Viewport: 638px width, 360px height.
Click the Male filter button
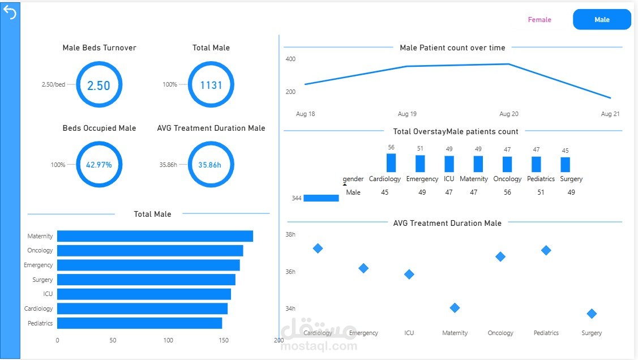pyautogui.click(x=602, y=19)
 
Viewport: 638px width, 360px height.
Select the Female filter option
pyautogui.click(x=539, y=19)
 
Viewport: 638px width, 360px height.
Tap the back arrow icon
pyautogui.click(x=10, y=12)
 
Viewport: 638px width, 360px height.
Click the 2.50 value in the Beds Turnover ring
pyautogui.click(x=99, y=85)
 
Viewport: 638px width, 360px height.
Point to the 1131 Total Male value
pyautogui.click(x=211, y=85)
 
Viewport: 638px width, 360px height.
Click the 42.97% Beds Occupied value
pyautogui.click(x=99, y=165)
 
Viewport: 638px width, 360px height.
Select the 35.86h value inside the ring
pyautogui.click(x=209, y=165)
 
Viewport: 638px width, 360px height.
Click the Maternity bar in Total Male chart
pyautogui.click(x=155, y=236)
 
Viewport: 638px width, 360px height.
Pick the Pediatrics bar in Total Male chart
pyautogui.click(x=140, y=323)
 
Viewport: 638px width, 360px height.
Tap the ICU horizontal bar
pyautogui.click(x=144, y=294)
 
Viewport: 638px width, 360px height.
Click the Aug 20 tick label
pyautogui.click(x=508, y=114)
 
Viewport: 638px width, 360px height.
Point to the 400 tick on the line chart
pyautogui.click(x=290, y=59)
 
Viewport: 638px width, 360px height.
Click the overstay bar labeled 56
pyautogui.click(x=391, y=162)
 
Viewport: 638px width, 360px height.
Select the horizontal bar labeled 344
pyautogui.click(x=321, y=198)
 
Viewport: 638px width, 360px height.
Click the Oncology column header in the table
pyautogui.click(x=507, y=179)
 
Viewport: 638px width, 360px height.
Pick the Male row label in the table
pyautogui.click(x=353, y=192)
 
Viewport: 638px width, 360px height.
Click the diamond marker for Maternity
pyautogui.click(x=455, y=308)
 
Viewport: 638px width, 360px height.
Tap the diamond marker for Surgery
pyautogui.click(x=592, y=314)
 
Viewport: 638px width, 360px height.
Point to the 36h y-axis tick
pyautogui.click(x=290, y=272)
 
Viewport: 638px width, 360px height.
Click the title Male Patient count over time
pyautogui.click(x=452, y=48)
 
